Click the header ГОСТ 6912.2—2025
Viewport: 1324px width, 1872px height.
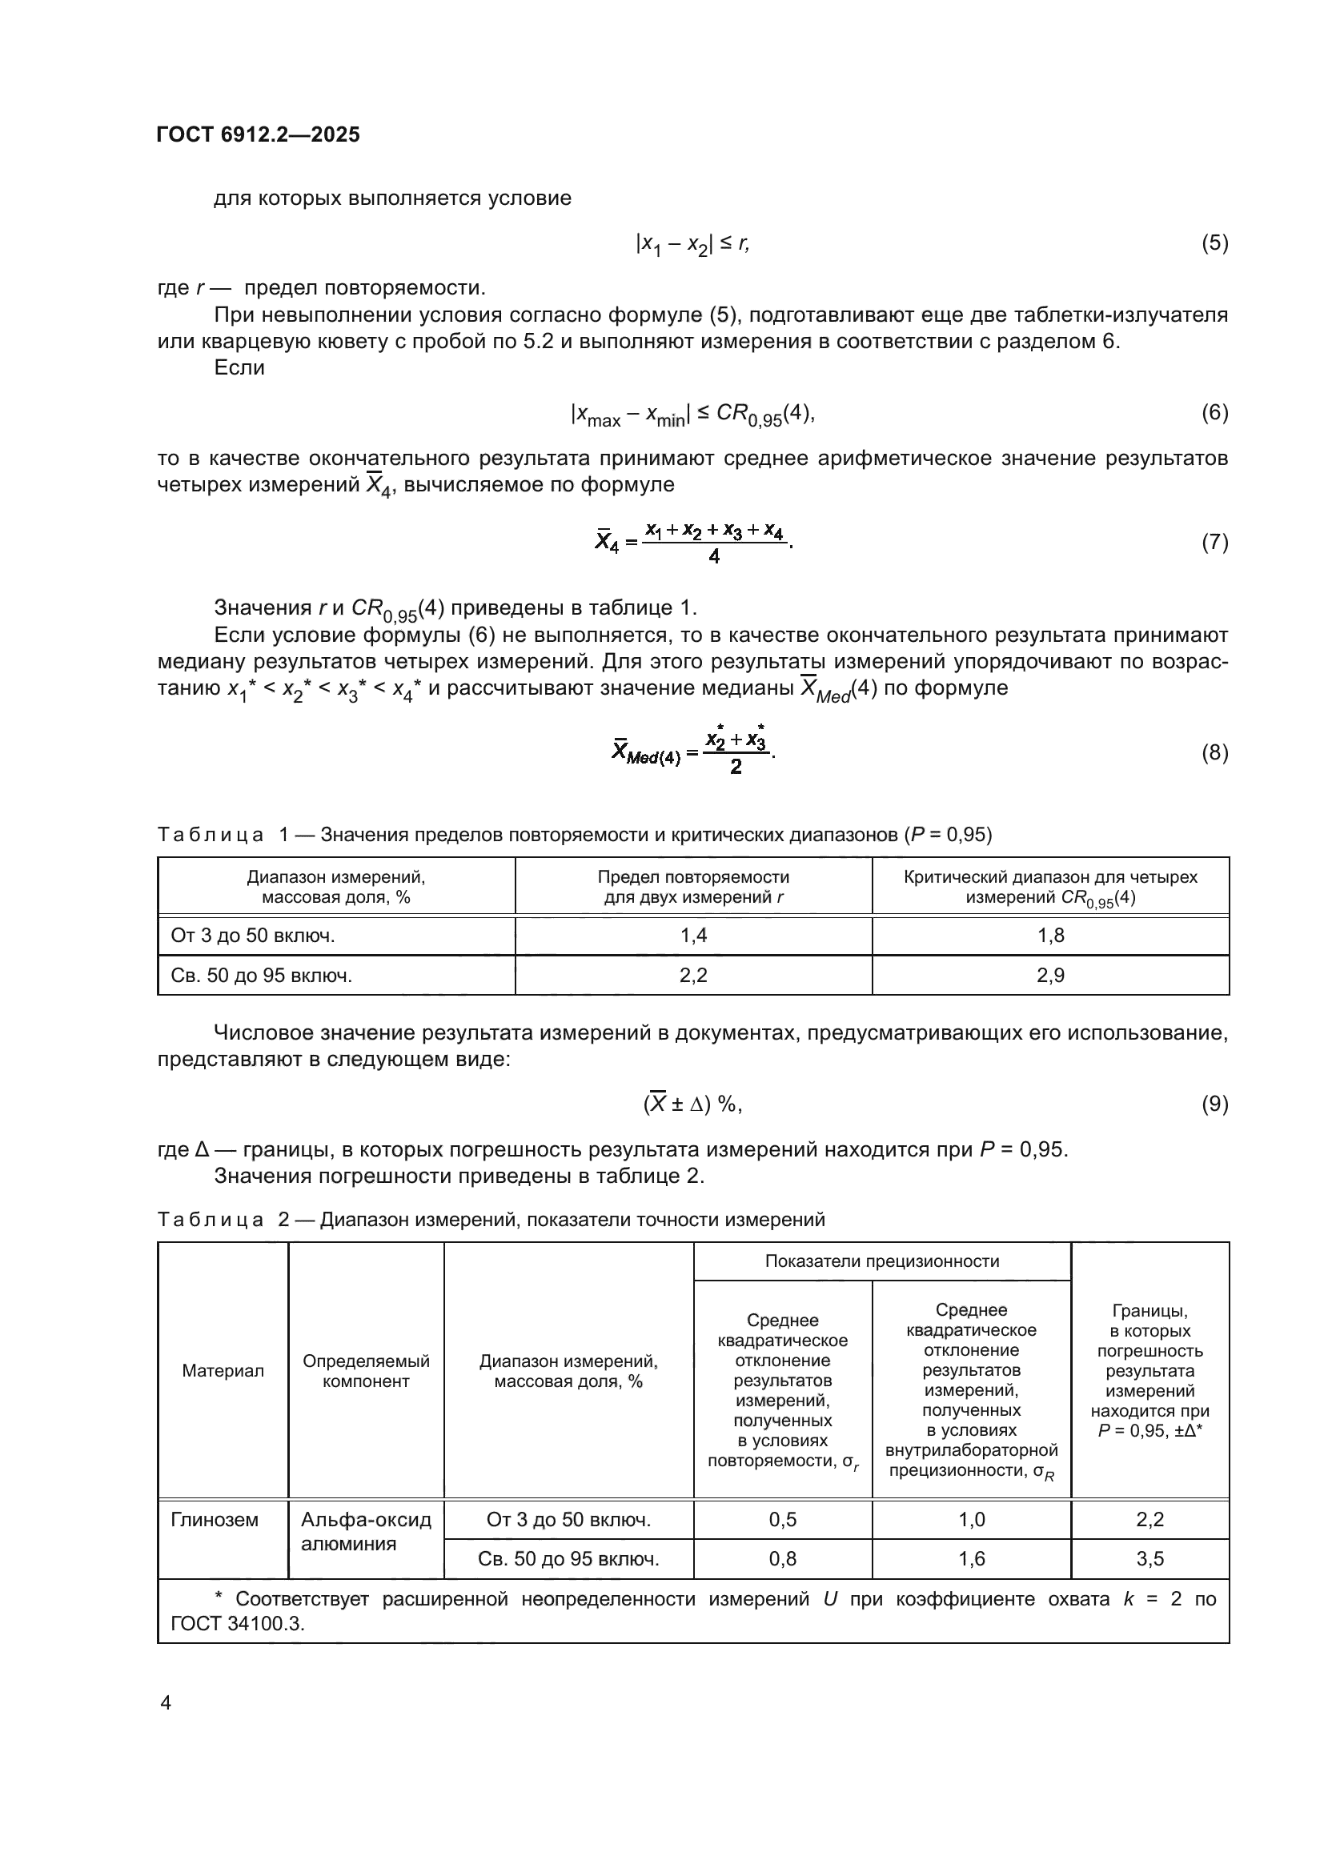(x=258, y=134)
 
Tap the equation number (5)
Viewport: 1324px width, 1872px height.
(x=1214, y=243)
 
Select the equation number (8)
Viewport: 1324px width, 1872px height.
(x=1214, y=752)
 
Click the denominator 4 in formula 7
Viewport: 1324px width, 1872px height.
(x=714, y=558)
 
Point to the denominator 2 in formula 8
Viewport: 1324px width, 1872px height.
(x=736, y=768)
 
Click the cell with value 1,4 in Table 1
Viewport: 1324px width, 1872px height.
(x=693, y=935)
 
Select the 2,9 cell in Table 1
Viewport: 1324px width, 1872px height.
(x=1050, y=975)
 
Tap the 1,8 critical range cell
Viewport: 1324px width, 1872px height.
(x=1050, y=935)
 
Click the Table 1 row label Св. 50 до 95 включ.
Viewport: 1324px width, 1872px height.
(x=261, y=975)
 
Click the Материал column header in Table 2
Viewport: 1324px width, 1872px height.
(x=223, y=1370)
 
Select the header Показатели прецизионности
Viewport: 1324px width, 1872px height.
(x=881, y=1261)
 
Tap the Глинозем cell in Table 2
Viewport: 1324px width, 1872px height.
(x=215, y=1520)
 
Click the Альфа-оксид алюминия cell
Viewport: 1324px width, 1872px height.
(x=365, y=1531)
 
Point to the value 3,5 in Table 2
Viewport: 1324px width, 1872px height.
(x=1149, y=1559)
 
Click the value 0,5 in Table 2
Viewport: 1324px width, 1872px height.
(x=783, y=1520)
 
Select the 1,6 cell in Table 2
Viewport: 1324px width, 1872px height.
(x=971, y=1559)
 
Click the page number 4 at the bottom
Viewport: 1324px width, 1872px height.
(x=166, y=1703)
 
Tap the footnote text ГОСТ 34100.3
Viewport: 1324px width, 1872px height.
(x=236, y=1623)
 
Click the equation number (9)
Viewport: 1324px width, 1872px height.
(x=1214, y=1104)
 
